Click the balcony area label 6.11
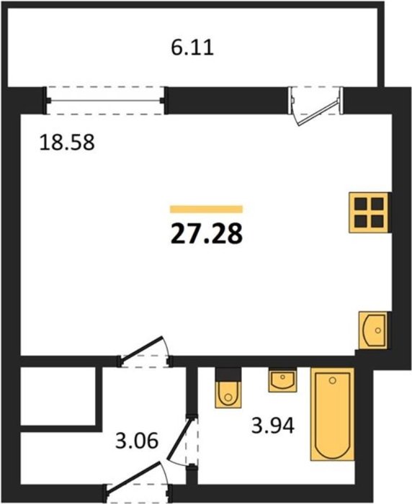tap(192, 48)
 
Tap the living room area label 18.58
tap(67, 143)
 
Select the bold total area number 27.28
tap(207, 234)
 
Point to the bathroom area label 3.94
tap(273, 426)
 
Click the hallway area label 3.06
tap(137, 441)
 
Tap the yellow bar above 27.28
tap(206, 210)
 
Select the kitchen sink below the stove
tap(373, 330)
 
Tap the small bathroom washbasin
tap(282, 381)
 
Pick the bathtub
tap(332, 414)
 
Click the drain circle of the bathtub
tap(333, 381)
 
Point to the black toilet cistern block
tap(228, 374)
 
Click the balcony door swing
tap(316, 107)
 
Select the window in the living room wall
tap(105, 101)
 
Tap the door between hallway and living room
tap(145, 352)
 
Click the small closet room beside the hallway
tap(58, 396)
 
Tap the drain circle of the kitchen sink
tap(378, 330)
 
